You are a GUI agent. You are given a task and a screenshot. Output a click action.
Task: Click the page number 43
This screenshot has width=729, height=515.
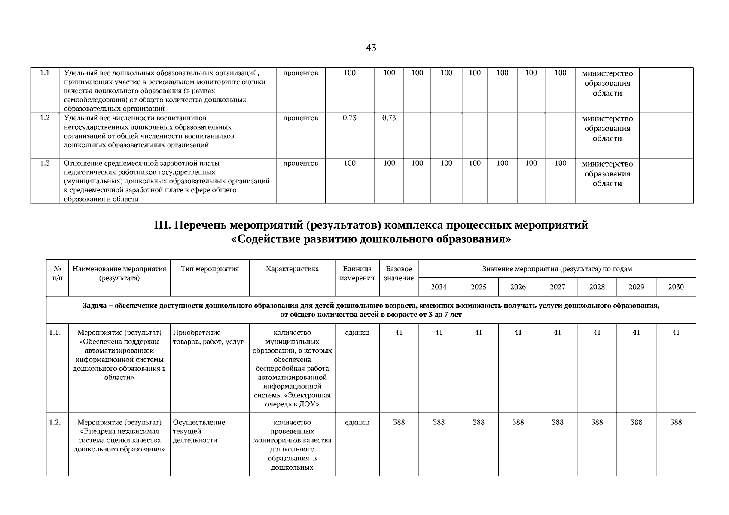tap(371, 48)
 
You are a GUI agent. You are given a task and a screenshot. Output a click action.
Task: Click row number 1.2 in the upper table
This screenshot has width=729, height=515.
tap(45, 118)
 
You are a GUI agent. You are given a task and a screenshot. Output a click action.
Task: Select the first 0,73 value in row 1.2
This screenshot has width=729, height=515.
tap(349, 118)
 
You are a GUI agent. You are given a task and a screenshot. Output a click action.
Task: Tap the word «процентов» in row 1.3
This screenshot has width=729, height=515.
tap(301, 163)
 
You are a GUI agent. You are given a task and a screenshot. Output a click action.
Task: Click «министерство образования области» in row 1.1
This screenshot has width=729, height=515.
tap(607, 83)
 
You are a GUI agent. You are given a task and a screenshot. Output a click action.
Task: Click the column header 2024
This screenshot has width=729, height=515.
tap(439, 287)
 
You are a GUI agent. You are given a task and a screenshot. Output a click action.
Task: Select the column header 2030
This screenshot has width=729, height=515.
tap(676, 287)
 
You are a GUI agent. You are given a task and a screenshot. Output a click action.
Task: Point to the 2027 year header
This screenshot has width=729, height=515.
tap(557, 287)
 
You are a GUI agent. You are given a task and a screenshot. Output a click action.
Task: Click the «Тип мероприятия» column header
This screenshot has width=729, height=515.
tap(210, 269)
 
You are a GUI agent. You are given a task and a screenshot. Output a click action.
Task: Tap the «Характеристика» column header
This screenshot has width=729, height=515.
tap(292, 269)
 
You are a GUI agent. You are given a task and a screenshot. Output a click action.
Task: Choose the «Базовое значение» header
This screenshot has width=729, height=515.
tap(399, 273)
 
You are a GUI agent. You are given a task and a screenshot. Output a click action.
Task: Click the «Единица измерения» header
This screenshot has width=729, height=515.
tap(357, 273)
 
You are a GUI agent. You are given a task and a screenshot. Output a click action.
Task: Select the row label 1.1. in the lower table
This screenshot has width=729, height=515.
tap(55, 333)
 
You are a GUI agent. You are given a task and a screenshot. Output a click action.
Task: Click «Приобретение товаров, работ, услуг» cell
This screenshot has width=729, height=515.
tap(208, 337)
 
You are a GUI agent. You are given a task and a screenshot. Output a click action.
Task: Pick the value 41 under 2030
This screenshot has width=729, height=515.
tap(676, 333)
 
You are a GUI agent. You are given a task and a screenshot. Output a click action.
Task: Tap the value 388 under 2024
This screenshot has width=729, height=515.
tap(439, 422)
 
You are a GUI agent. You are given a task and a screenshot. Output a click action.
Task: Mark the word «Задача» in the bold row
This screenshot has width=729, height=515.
tap(93, 306)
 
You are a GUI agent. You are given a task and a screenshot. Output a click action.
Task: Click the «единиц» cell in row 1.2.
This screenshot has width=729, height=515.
tap(357, 422)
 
